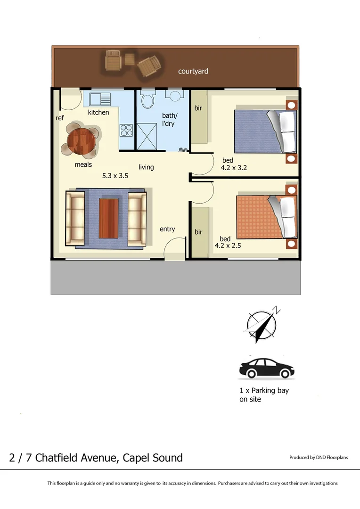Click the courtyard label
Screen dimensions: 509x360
(193, 72)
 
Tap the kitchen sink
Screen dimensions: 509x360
(97, 99)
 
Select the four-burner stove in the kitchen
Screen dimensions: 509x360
(126, 130)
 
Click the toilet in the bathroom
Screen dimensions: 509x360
(148, 100)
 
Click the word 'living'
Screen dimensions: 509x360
(146, 167)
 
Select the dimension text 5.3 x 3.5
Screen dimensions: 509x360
(115, 176)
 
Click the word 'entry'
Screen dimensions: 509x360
(167, 229)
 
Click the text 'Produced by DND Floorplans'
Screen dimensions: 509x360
(319, 458)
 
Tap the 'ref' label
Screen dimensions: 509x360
(60, 118)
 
